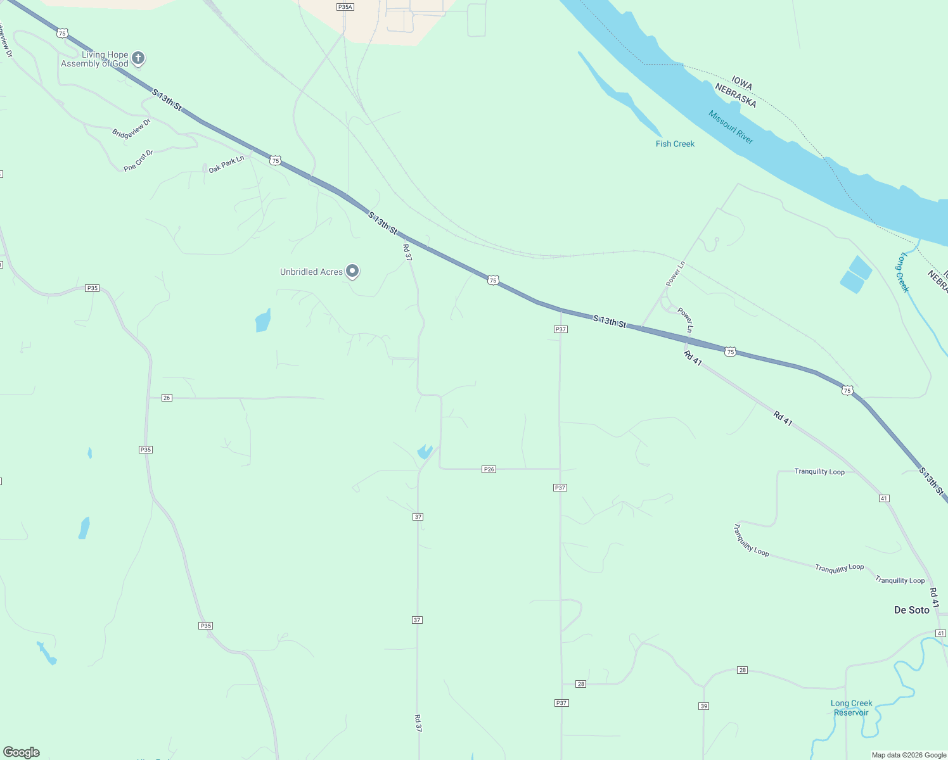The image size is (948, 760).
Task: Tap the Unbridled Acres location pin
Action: (x=353, y=271)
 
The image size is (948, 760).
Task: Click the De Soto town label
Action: (x=911, y=610)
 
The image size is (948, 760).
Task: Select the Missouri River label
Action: (x=731, y=127)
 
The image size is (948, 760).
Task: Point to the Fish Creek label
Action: (x=675, y=144)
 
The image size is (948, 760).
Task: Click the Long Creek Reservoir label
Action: (x=851, y=707)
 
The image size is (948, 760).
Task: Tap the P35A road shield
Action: (x=345, y=7)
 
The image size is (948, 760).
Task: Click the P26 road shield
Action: (x=489, y=469)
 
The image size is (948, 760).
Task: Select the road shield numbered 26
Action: (x=167, y=398)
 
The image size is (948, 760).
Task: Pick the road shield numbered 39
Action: (x=703, y=706)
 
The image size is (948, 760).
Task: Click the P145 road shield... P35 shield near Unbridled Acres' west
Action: (x=93, y=288)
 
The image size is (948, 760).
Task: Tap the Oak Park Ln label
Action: (x=226, y=164)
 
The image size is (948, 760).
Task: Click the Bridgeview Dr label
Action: (x=131, y=128)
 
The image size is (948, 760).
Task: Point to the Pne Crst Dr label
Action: (x=139, y=160)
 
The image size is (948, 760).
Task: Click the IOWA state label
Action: (x=741, y=83)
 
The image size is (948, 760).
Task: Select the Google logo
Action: (x=22, y=752)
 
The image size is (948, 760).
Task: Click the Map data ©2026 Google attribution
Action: (x=909, y=755)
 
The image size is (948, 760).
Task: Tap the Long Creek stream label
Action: (x=904, y=272)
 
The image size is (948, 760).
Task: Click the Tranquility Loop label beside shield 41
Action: (x=819, y=472)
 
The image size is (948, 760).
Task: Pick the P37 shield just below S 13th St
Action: (x=560, y=329)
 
